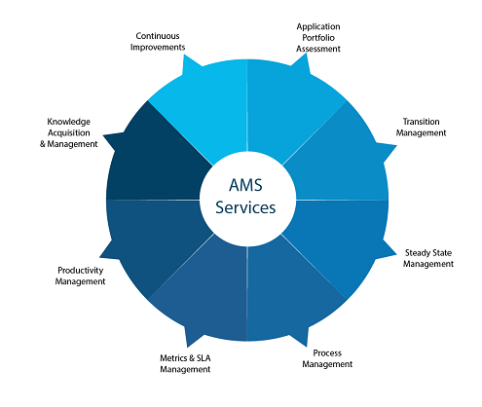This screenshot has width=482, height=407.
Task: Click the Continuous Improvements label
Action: point(158,42)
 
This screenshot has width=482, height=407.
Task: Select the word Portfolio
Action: point(318,38)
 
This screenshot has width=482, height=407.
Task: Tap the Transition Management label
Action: point(421,127)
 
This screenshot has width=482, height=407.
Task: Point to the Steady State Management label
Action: point(428,258)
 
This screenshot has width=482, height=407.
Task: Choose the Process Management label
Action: point(327,358)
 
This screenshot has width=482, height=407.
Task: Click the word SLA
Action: point(204,358)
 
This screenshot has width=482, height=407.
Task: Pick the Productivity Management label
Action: point(80,276)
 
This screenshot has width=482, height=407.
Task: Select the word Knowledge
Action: point(69,122)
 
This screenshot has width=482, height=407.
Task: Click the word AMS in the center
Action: point(245,185)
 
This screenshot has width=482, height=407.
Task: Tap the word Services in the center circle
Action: point(245,207)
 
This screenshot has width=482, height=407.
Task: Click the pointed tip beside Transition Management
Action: point(396,146)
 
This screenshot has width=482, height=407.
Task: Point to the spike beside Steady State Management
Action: point(396,254)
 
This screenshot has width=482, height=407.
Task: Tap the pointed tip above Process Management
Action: point(307,346)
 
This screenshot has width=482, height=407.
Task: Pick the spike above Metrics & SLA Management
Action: point(187,347)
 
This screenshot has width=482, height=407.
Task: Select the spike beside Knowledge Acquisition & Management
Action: point(104,134)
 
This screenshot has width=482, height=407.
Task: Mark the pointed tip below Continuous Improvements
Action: point(184,55)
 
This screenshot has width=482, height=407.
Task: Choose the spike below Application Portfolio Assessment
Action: point(306,54)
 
